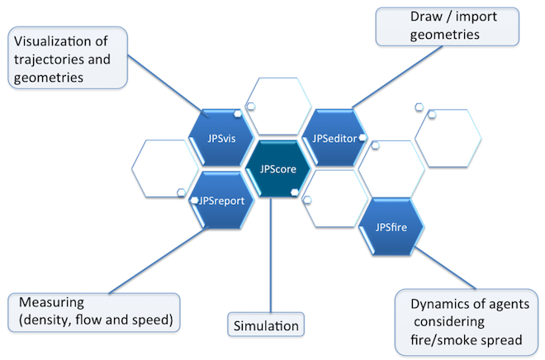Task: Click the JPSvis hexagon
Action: [x=221, y=138]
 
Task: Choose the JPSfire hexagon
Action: [x=392, y=224]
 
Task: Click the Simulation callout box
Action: [x=264, y=324]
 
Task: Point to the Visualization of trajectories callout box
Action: [x=68, y=58]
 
